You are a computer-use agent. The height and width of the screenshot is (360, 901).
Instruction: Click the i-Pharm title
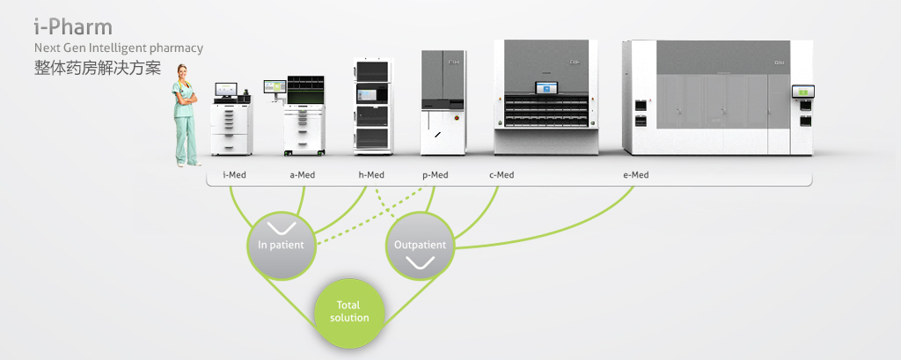click(x=73, y=26)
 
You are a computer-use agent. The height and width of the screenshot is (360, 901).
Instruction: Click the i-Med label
click(x=234, y=175)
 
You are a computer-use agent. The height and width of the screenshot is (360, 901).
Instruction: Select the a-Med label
click(x=302, y=175)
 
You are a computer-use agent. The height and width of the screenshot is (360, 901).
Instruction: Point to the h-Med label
click(x=371, y=175)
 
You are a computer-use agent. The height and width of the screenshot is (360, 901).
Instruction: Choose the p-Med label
click(x=435, y=175)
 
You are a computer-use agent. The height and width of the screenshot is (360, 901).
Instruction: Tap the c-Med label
click(x=502, y=175)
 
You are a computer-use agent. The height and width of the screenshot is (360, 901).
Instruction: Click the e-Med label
click(x=635, y=175)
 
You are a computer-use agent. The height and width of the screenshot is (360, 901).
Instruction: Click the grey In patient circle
click(x=281, y=245)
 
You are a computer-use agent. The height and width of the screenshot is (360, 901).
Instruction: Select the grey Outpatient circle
click(x=420, y=245)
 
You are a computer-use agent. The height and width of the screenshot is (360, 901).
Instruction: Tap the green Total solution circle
click(x=349, y=312)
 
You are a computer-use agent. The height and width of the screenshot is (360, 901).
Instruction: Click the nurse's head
click(x=186, y=72)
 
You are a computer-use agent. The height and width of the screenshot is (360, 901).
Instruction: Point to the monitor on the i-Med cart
click(x=227, y=89)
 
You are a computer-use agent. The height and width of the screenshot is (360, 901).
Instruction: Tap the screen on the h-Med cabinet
click(x=373, y=94)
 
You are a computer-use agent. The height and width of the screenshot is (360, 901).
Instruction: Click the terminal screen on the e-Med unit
click(x=803, y=92)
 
